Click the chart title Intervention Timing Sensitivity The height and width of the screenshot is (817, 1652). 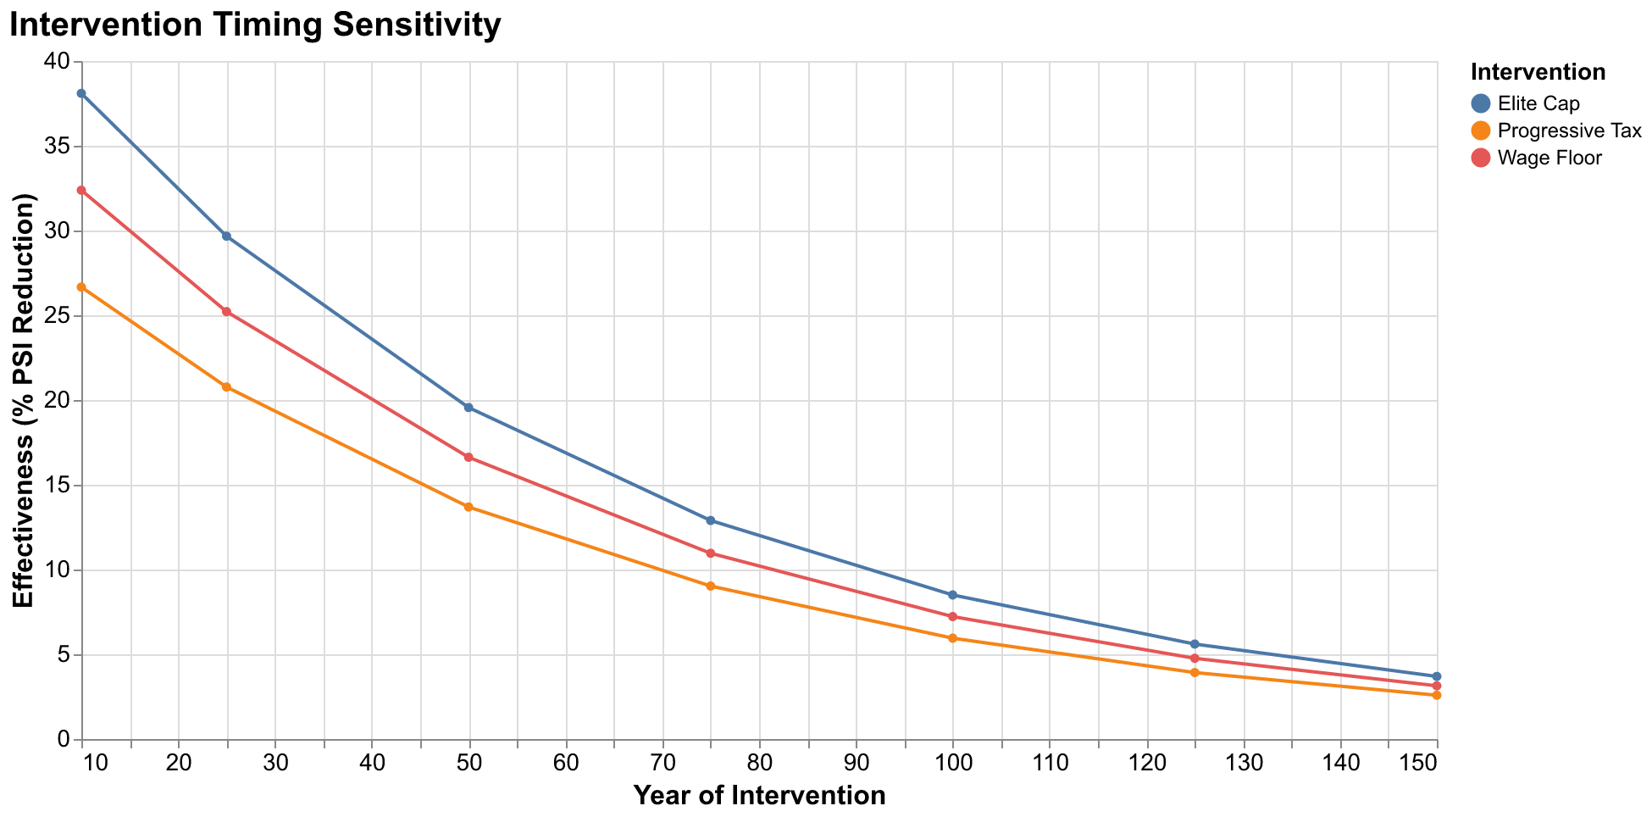pos(254,25)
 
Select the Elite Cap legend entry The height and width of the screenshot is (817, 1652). pos(1538,103)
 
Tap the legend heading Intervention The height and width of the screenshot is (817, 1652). pos(1538,73)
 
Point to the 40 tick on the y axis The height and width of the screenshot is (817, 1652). pos(59,62)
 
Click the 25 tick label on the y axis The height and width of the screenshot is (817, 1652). pos(59,316)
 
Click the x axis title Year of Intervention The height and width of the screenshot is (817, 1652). pos(759,796)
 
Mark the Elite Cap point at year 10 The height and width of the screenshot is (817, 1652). pos(81,93)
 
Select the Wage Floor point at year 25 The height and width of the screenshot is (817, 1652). pos(226,312)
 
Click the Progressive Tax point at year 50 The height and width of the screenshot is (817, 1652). pos(468,507)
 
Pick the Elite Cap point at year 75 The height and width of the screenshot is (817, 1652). pos(711,520)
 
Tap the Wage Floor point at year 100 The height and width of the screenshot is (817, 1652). pos(953,617)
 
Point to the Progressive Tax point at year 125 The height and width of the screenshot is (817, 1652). pos(1195,673)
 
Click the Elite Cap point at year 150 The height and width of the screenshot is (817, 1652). pos(1437,676)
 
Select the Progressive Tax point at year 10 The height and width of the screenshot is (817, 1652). pos(81,287)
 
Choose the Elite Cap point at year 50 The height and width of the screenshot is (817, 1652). pos(468,408)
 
